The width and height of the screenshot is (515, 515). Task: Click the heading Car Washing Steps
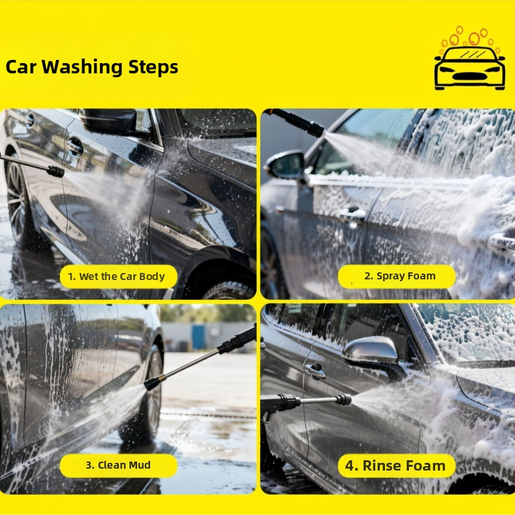(x=92, y=67)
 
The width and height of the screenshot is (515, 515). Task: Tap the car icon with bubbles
(x=470, y=59)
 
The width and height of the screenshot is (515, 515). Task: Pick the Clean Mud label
(x=118, y=465)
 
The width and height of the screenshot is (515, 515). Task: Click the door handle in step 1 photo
(x=75, y=147)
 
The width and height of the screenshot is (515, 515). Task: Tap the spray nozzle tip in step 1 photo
(x=56, y=171)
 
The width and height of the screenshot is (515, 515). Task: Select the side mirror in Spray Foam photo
(x=285, y=165)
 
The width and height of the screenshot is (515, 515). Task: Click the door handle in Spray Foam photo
(x=352, y=214)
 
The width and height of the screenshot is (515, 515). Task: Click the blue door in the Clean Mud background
(x=198, y=337)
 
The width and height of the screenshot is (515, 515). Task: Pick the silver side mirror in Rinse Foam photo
(x=371, y=351)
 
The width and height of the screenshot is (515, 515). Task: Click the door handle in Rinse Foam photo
(x=315, y=371)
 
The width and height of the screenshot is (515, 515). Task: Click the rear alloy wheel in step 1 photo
(x=17, y=201)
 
